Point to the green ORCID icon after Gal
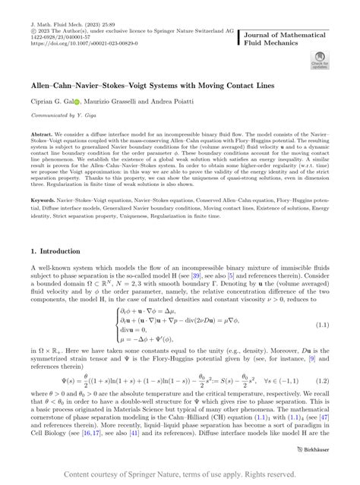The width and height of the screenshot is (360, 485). tap(86, 102)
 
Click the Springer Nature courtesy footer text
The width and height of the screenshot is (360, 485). tap(180, 474)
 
